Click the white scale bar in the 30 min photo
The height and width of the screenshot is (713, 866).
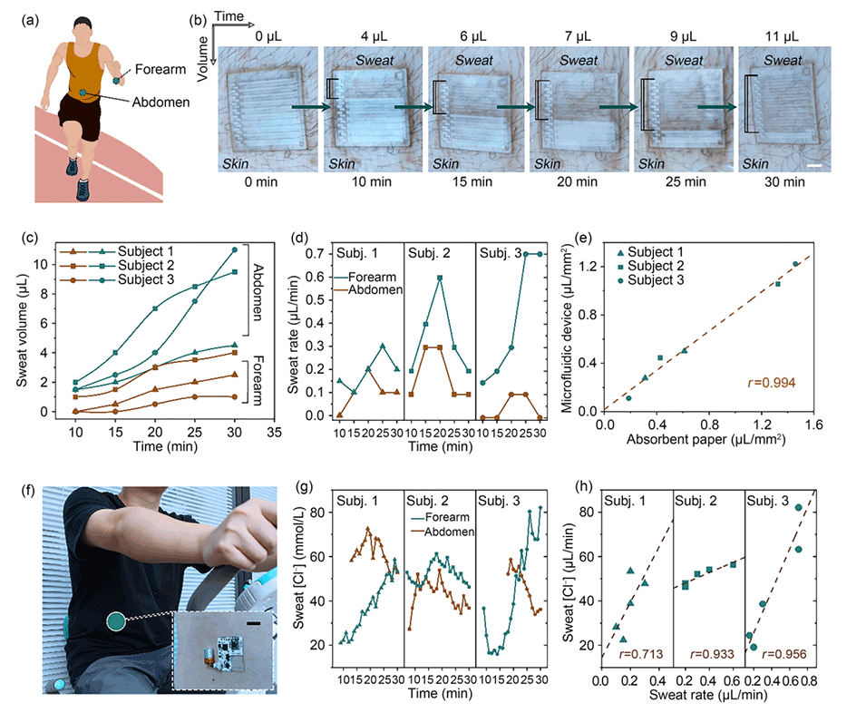[814, 166]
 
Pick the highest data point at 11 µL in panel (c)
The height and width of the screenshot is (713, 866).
[235, 249]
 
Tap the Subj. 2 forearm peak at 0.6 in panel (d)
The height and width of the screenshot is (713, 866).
[440, 278]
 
